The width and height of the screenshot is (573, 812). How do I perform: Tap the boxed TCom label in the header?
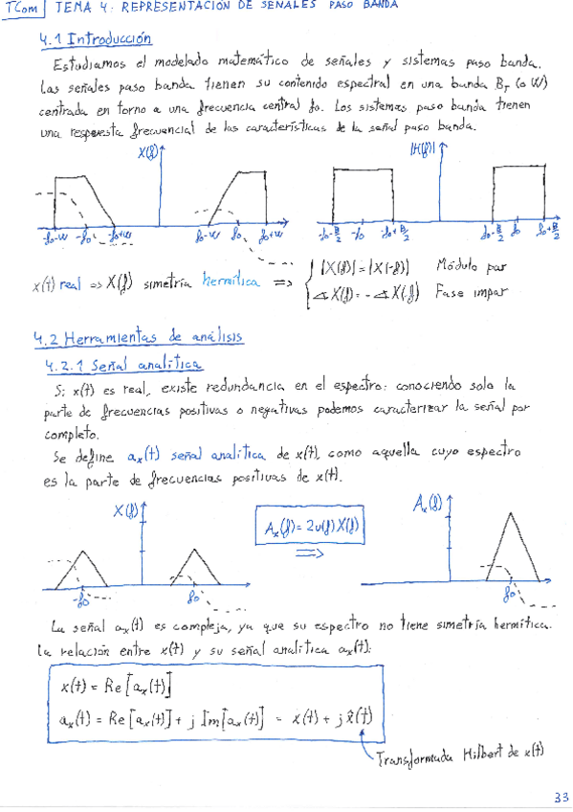pyautogui.click(x=23, y=9)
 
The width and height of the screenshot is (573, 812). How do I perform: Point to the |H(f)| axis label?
pyautogui.click(x=421, y=148)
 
